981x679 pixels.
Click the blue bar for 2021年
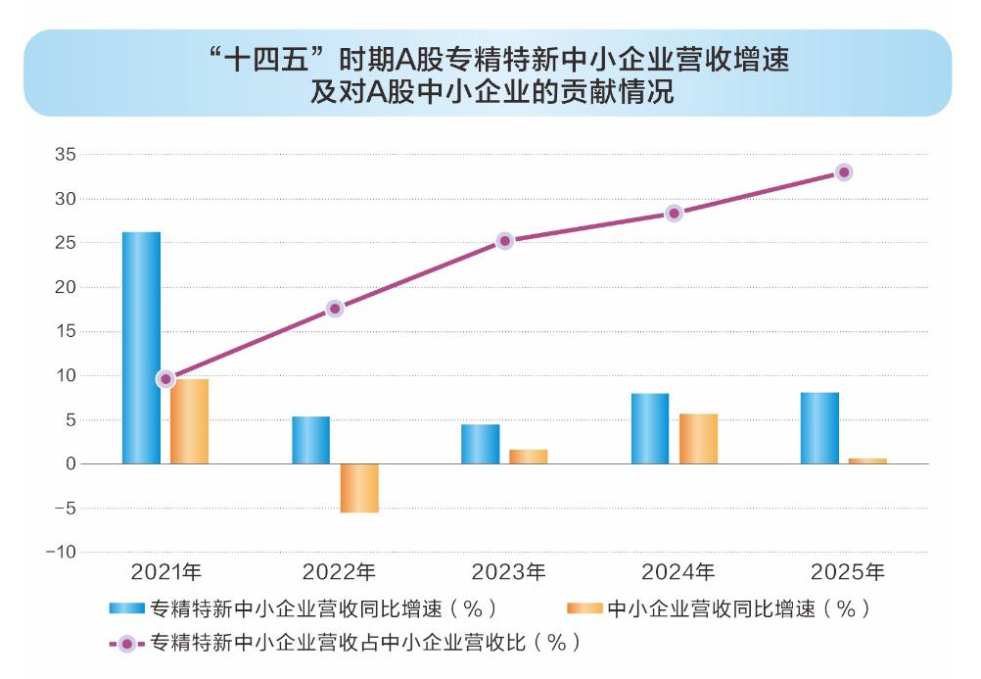point(141,348)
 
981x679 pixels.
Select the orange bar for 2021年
point(190,421)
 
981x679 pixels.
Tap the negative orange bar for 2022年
point(359,489)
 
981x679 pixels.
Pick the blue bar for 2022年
point(311,440)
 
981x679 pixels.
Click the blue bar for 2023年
point(481,444)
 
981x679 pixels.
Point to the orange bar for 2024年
point(698,439)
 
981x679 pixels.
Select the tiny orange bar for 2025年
point(867,461)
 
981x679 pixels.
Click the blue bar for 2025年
point(819,428)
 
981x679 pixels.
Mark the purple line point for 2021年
point(165,379)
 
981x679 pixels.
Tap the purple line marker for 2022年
point(336,309)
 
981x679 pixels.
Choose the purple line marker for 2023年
point(505,241)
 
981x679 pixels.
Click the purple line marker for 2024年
point(675,214)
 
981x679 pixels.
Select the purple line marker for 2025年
point(844,172)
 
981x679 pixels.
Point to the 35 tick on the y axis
point(65,154)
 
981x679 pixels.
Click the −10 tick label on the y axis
point(62,553)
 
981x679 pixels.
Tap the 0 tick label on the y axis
point(70,464)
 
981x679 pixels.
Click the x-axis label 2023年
point(509,572)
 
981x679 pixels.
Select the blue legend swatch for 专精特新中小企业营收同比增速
point(127,608)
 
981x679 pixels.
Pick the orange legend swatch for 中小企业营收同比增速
point(584,608)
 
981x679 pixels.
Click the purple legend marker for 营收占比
point(127,644)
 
